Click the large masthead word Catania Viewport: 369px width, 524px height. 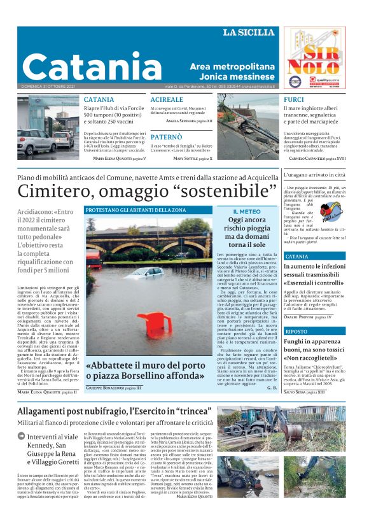click(92, 66)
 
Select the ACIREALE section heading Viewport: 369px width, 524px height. click(167, 101)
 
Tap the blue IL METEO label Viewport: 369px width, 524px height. click(246, 211)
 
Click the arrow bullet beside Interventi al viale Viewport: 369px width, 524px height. click(22, 437)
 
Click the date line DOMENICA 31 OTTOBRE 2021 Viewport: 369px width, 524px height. click(48, 87)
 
